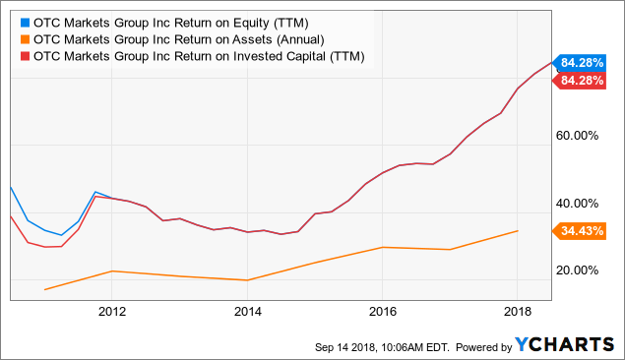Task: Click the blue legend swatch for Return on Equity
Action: point(26,23)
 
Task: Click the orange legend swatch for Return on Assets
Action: point(26,39)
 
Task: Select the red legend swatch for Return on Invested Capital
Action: point(26,56)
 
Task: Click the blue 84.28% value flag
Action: point(580,63)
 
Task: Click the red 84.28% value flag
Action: point(580,81)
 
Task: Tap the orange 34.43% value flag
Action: point(580,231)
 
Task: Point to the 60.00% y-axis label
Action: point(577,136)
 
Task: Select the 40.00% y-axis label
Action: point(577,204)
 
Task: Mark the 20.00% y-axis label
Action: point(577,270)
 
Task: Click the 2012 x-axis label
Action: point(112,312)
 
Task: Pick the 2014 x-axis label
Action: point(247,312)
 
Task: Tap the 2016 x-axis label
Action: point(383,312)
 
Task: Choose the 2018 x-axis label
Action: point(518,312)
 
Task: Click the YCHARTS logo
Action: point(564,344)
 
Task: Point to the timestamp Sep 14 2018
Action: point(344,347)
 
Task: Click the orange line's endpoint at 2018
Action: point(518,230)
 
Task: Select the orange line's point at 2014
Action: point(247,280)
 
